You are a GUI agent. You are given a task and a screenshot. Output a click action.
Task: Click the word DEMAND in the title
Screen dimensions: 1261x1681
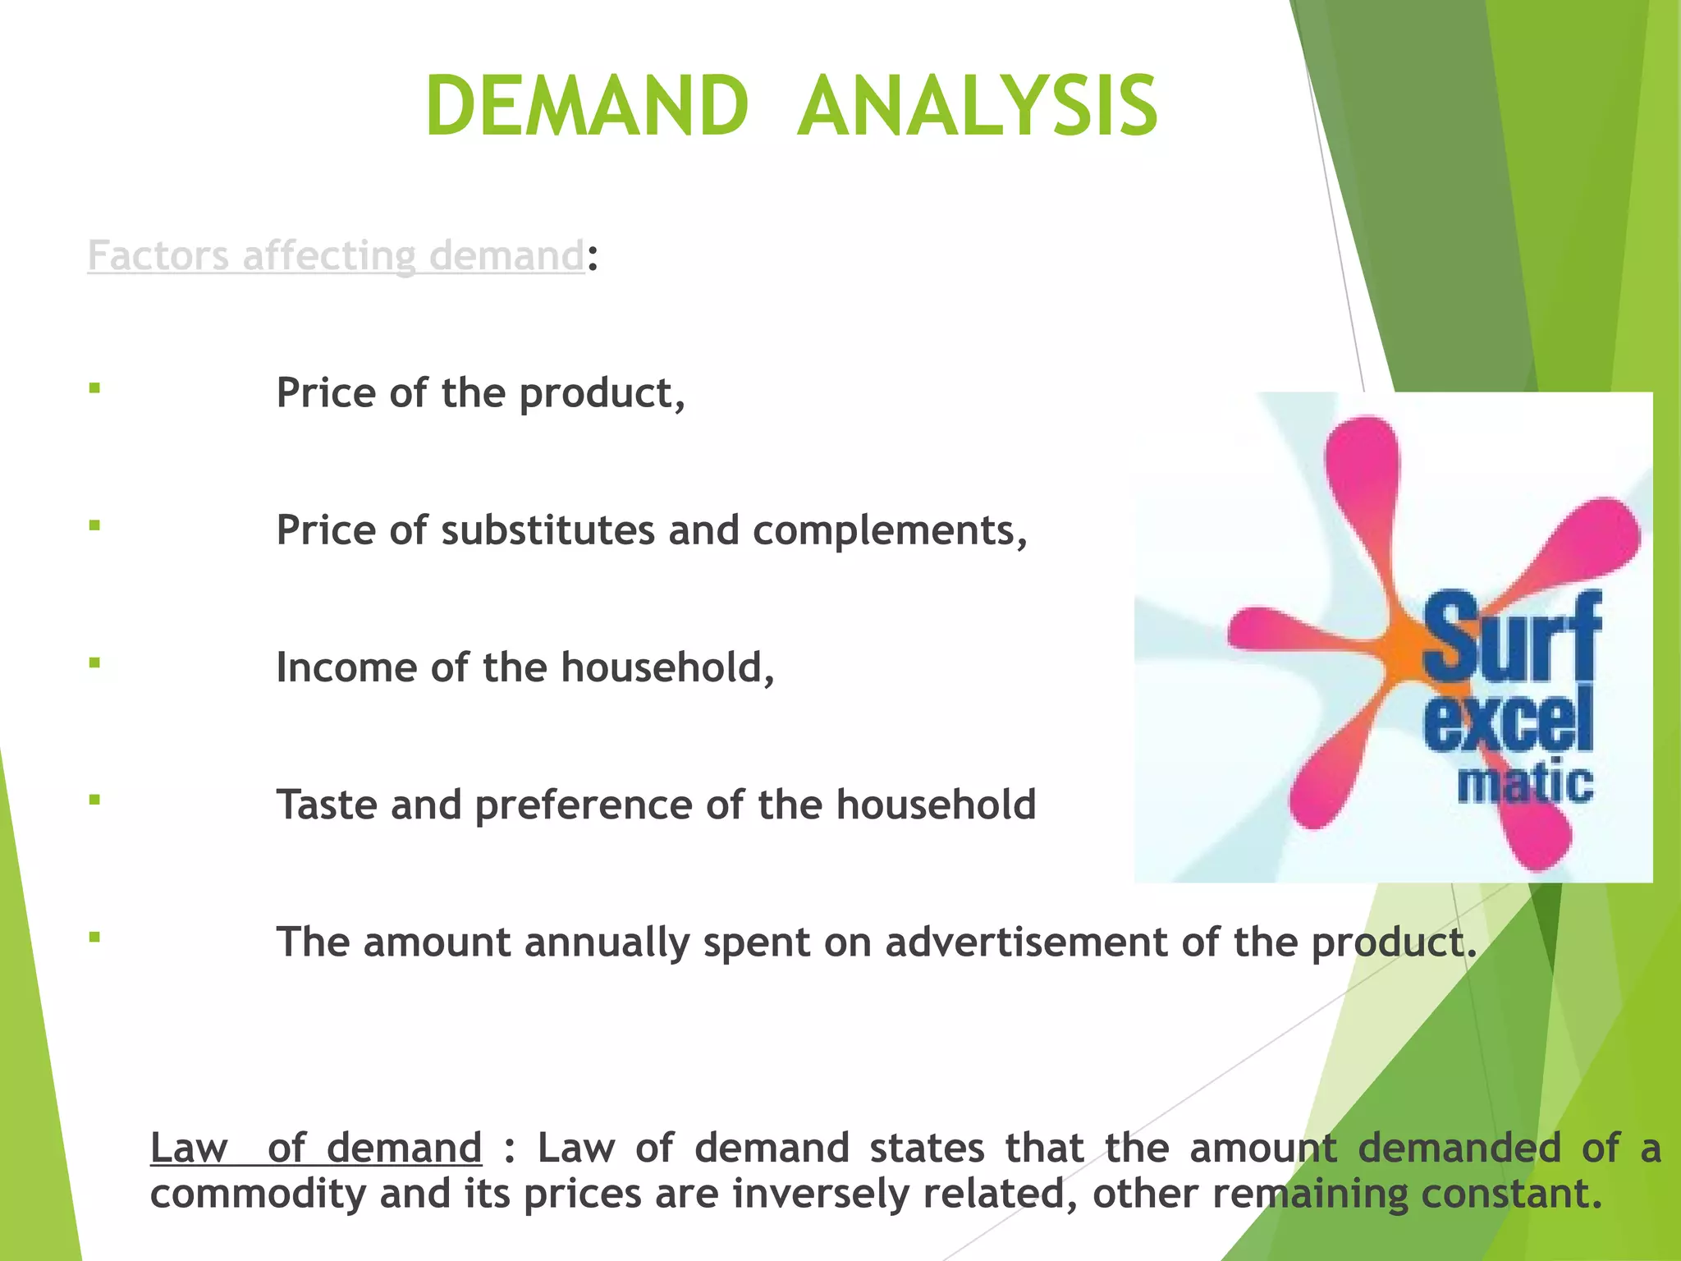point(586,107)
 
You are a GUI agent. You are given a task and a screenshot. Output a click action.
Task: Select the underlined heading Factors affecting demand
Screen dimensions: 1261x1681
point(335,255)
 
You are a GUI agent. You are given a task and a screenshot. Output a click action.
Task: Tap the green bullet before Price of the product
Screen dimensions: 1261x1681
point(95,388)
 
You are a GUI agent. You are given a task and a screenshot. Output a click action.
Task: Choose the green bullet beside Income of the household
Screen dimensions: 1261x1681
point(95,663)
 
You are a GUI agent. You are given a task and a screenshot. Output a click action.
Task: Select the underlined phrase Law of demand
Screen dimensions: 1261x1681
point(316,1148)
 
